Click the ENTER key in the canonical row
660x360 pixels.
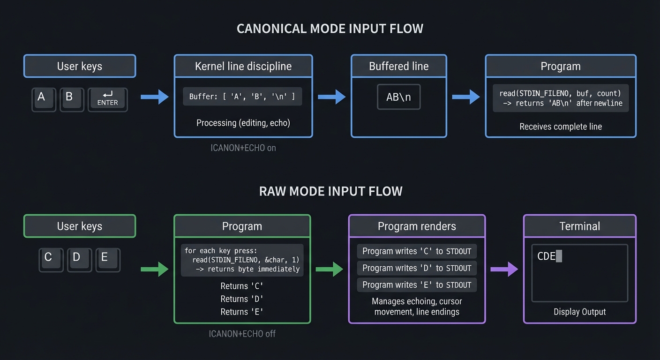click(x=107, y=99)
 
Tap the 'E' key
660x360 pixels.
click(x=107, y=259)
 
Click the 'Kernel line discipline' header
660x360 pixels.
click(x=243, y=66)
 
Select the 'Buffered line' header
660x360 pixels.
click(x=398, y=66)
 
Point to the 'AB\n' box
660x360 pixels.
click(x=398, y=97)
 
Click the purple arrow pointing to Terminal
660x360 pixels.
click(x=504, y=269)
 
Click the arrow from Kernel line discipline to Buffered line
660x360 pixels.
click(x=331, y=97)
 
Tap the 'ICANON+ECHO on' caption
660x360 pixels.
click(x=243, y=148)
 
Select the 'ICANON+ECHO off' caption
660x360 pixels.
click(x=242, y=334)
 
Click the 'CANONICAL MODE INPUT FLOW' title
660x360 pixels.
click(x=330, y=29)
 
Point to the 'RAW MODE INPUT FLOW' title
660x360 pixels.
click(x=330, y=191)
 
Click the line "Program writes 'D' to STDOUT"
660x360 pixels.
click(x=417, y=268)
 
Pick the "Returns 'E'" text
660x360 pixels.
click(x=242, y=312)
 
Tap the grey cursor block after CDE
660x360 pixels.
click(x=559, y=256)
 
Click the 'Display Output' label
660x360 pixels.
click(x=579, y=312)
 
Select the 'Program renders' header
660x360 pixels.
click(x=417, y=226)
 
